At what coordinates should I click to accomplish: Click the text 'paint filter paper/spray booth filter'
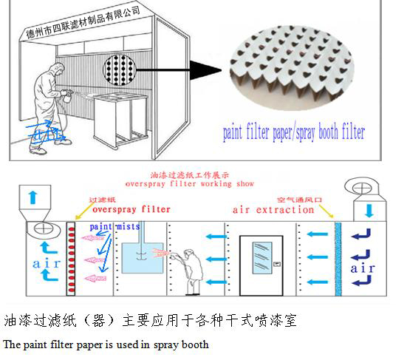[294, 134]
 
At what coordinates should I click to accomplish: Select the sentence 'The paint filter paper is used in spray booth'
[106, 344]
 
